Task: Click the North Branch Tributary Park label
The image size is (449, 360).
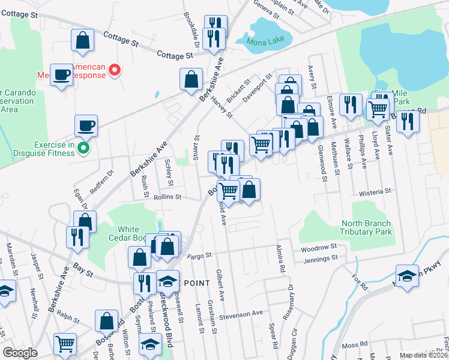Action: point(366,227)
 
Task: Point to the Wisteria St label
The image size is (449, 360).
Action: point(375,192)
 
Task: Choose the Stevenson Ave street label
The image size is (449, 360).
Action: point(241,314)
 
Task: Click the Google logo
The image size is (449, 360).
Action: point(20,353)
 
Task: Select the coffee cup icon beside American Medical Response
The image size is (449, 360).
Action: point(61,74)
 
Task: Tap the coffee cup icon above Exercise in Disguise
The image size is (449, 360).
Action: point(86,126)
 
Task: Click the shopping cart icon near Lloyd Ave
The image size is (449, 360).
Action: point(377,109)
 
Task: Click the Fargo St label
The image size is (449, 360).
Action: point(200,255)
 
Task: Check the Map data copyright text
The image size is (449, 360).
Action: point(424,355)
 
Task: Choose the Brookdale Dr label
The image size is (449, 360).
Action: point(196,37)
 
